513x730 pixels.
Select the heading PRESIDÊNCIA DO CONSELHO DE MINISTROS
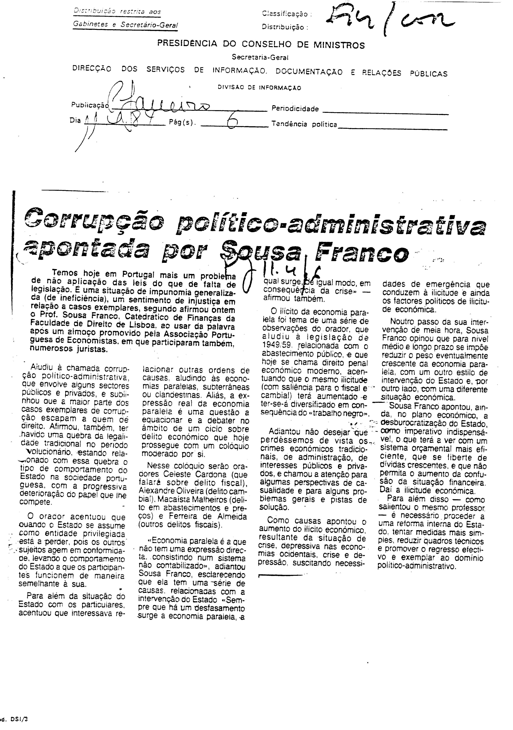tap(261, 44)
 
